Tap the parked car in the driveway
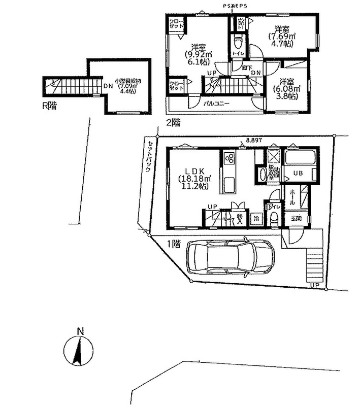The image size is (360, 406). pyautogui.click(x=230, y=258)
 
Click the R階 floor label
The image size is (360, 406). pyautogui.click(x=50, y=106)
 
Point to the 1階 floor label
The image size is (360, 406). pyautogui.click(x=174, y=244)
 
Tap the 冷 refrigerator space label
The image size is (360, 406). pyautogui.click(x=257, y=219)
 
